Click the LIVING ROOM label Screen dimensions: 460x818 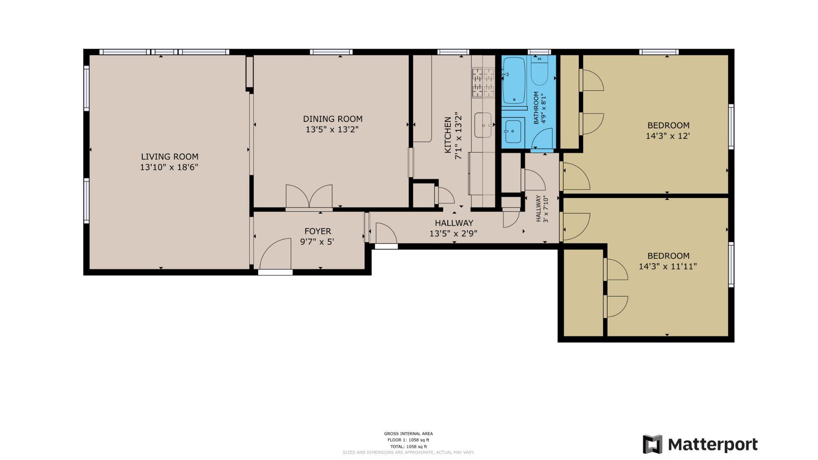click(x=170, y=157)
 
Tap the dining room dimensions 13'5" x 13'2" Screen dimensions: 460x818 click(x=332, y=129)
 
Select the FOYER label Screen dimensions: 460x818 click(x=317, y=231)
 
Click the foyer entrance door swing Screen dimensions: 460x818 click(x=276, y=254)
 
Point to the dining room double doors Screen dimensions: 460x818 click(x=309, y=196)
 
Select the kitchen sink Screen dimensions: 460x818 click(x=483, y=125)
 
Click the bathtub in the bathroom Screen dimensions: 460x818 click(x=514, y=80)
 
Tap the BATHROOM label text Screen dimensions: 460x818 click(x=536, y=108)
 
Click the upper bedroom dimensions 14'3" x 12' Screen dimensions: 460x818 click(x=668, y=136)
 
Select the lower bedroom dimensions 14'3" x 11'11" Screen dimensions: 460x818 click(x=668, y=267)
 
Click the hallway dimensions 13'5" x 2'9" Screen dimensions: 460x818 click(x=453, y=233)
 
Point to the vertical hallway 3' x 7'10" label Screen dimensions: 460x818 click(x=541, y=209)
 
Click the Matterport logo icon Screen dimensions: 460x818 click(x=652, y=444)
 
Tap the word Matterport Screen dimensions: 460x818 click(x=712, y=445)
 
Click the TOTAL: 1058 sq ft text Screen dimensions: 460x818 click(x=408, y=446)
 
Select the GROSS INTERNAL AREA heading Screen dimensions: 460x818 click(x=408, y=434)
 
